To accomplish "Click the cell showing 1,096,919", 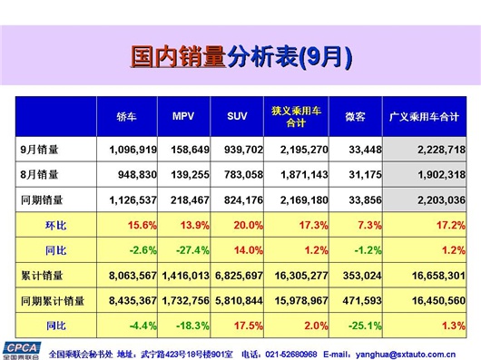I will click(x=133, y=149).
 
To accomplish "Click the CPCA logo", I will click(x=19, y=349).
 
